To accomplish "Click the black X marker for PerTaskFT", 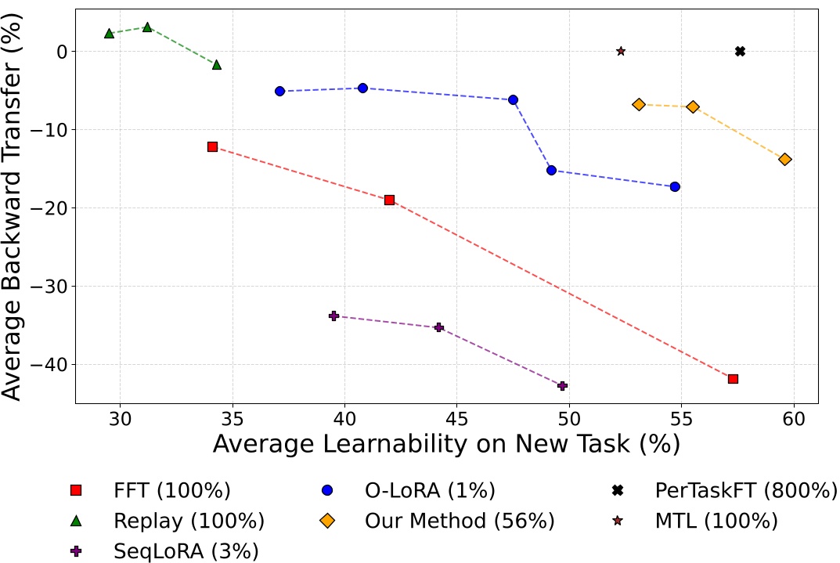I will (x=740, y=51).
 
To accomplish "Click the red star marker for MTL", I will (x=621, y=51).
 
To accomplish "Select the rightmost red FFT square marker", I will (x=733, y=379).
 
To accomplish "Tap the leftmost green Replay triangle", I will (x=109, y=33).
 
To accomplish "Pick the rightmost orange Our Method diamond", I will (x=785, y=159).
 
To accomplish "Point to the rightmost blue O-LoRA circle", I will (x=675, y=186).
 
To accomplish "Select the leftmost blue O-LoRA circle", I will (x=279, y=91).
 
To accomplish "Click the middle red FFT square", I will (x=389, y=200).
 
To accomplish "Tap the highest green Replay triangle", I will (x=147, y=27).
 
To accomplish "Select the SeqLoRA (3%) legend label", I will (x=186, y=550).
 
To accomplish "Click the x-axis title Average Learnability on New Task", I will (x=446, y=443).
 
